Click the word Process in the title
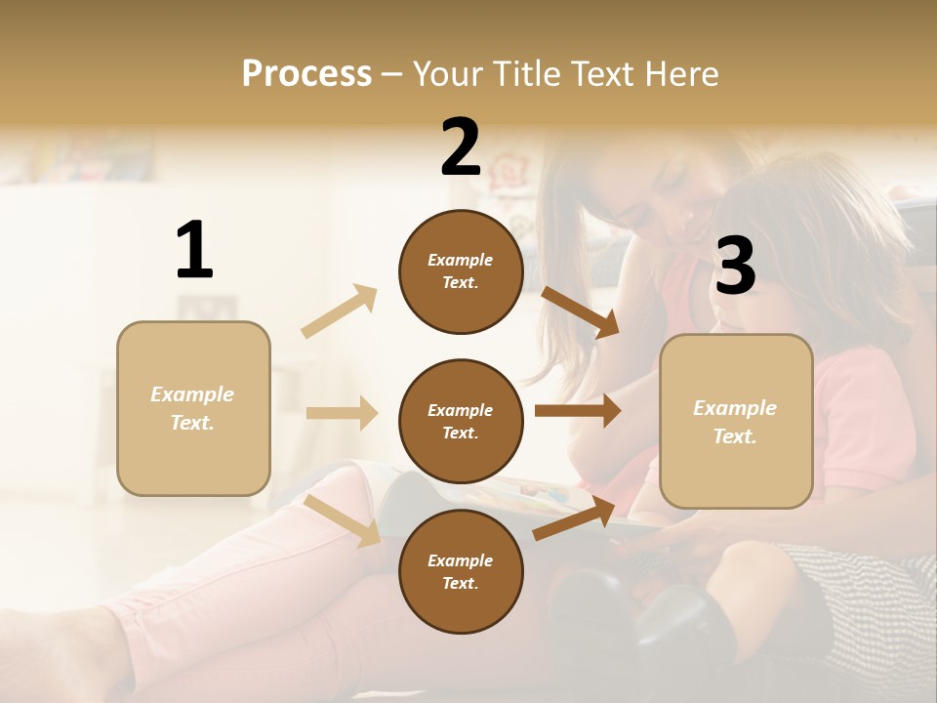306,74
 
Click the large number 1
194,251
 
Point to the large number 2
461,147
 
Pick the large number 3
735,267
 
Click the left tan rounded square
193,408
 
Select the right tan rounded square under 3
736,422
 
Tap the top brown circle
461,271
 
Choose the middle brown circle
461,422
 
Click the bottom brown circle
461,571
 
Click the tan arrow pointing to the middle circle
342,413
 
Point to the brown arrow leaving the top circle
580,312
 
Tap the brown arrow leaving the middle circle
578,411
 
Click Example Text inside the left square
192,408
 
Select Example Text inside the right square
735,422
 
